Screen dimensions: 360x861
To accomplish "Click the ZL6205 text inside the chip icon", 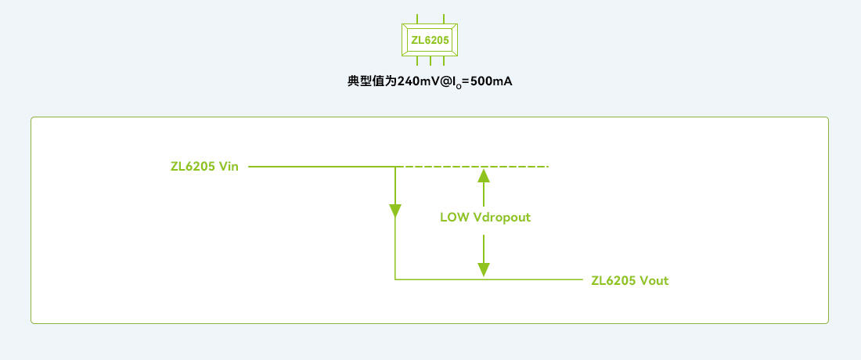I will point(430,39).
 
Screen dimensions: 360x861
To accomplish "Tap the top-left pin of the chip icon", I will point(417,17).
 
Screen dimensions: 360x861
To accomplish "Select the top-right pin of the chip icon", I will point(443,17).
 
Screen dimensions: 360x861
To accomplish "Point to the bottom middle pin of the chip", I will point(430,61).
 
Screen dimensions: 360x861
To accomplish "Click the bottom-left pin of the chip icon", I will point(417,61).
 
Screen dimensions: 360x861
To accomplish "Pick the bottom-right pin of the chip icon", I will point(443,61).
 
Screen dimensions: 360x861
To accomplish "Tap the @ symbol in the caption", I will point(448,81).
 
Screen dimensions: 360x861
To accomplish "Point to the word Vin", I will point(229,167).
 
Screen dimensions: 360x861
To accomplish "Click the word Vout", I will point(654,280).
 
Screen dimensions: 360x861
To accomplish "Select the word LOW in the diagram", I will point(455,218).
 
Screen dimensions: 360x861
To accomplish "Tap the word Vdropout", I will point(502,218).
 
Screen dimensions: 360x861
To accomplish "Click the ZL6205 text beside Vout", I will point(614,280).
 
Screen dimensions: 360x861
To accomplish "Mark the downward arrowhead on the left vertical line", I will point(395,210).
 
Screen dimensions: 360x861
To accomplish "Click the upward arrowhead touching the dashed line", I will point(485,174).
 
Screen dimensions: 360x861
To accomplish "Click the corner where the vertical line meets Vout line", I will point(395,279).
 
